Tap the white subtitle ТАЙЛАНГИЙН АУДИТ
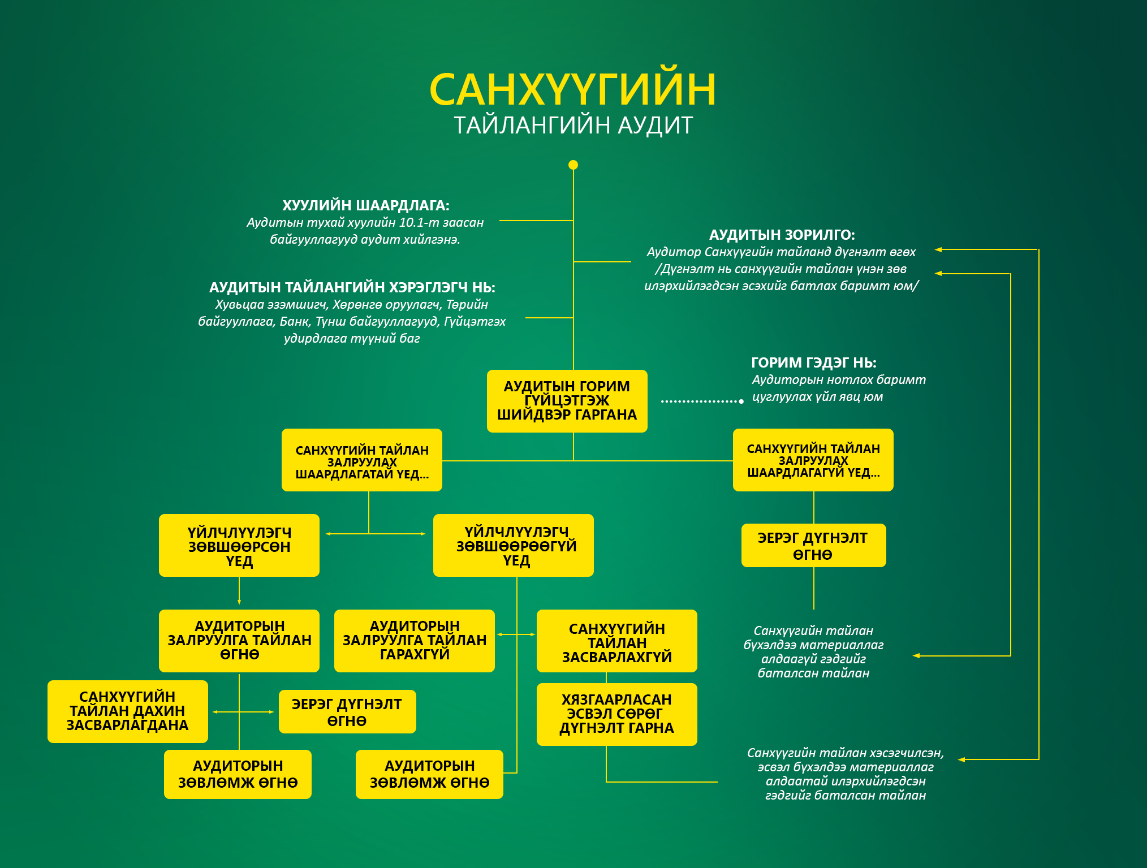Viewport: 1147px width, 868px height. tap(573, 126)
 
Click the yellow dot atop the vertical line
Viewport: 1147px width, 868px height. tap(573, 165)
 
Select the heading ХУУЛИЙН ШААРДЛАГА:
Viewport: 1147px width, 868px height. tap(365, 205)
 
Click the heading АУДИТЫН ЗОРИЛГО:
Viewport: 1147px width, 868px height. tap(782, 235)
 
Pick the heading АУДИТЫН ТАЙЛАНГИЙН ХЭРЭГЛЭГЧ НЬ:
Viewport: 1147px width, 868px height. tap(352, 287)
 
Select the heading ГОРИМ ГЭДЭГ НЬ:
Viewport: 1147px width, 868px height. tap(813, 362)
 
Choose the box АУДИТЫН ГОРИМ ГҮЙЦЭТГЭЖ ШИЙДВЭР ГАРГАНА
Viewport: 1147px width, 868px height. tap(567, 401)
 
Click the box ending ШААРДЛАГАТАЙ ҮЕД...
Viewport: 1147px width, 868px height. tap(361, 460)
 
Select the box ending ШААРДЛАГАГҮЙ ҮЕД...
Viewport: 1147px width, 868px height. tap(813, 460)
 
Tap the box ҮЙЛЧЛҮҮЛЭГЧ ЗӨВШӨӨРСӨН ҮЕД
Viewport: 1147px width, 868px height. tap(239, 546)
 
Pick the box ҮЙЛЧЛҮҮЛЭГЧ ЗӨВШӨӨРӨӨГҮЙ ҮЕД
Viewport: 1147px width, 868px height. tap(513, 546)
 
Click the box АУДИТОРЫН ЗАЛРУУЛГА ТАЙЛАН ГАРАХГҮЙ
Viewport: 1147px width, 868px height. tap(414, 641)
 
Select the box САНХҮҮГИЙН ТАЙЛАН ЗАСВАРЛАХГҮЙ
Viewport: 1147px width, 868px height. tap(616, 641)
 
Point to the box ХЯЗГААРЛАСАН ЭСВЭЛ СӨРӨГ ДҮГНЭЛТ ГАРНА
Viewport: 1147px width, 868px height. tap(616, 714)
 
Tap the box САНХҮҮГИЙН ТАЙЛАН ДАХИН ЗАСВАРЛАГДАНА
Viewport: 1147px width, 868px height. tap(127, 711)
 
